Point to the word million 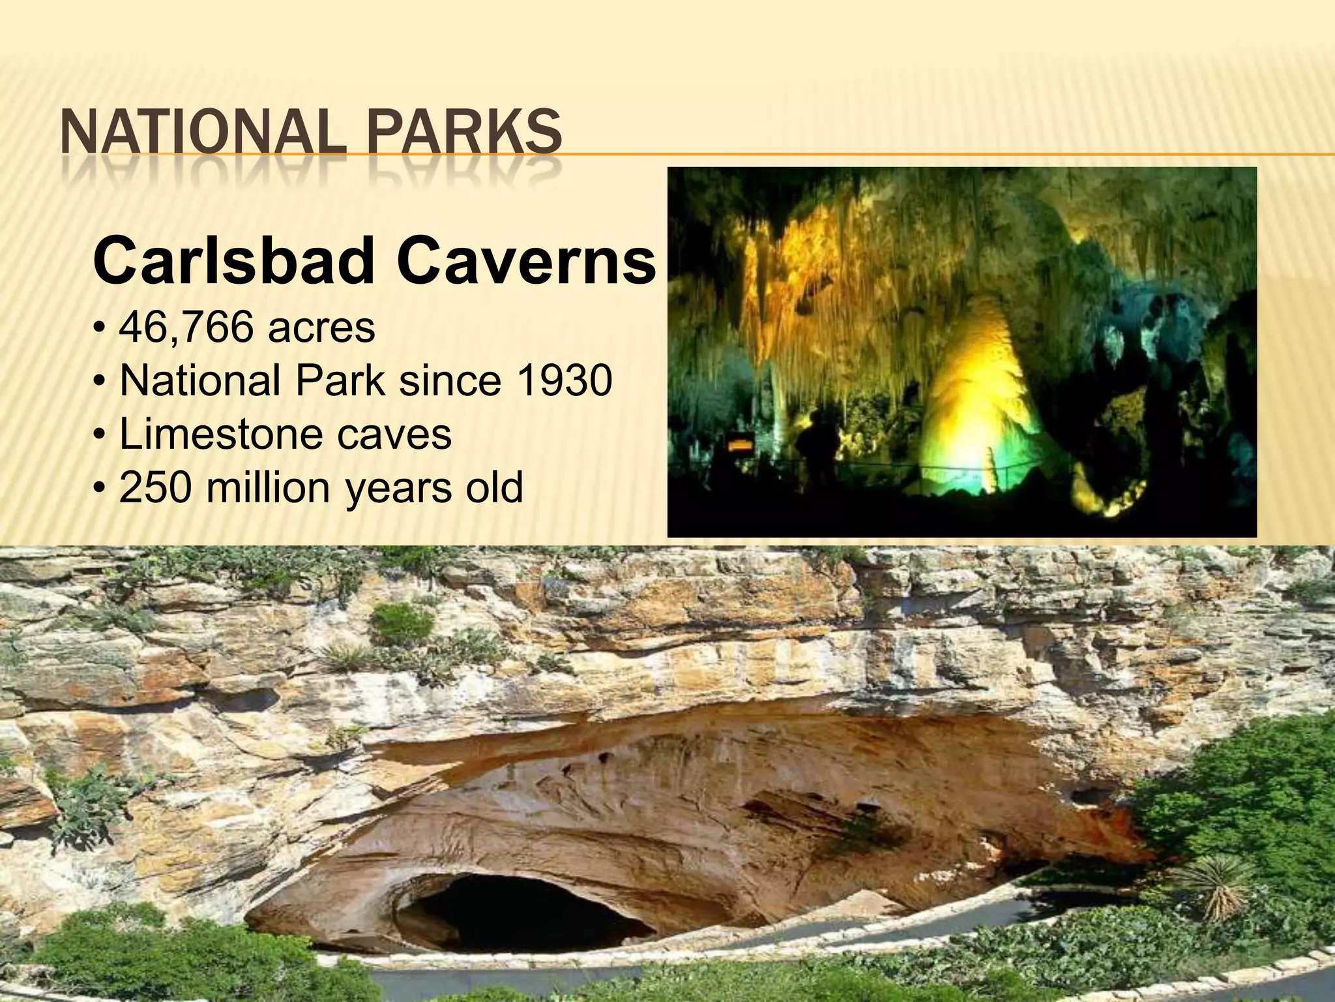[x=271, y=487]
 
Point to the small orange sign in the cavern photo [x=740, y=446]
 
